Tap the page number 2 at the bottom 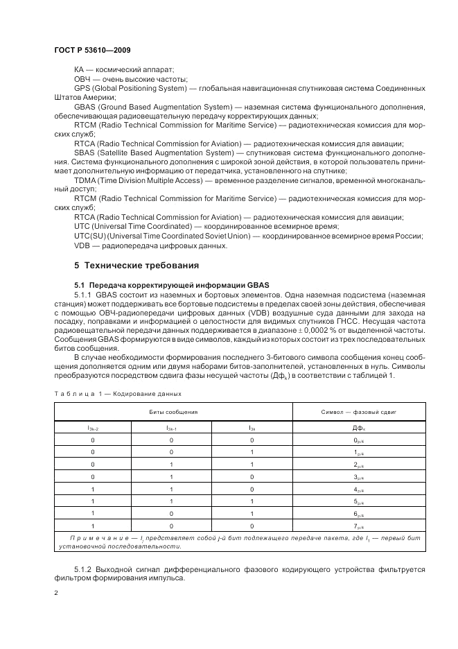point(57,593)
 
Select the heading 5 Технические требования point(136,266)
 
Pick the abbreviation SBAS point(85,153)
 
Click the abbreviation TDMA point(87,180)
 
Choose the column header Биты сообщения point(173,412)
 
